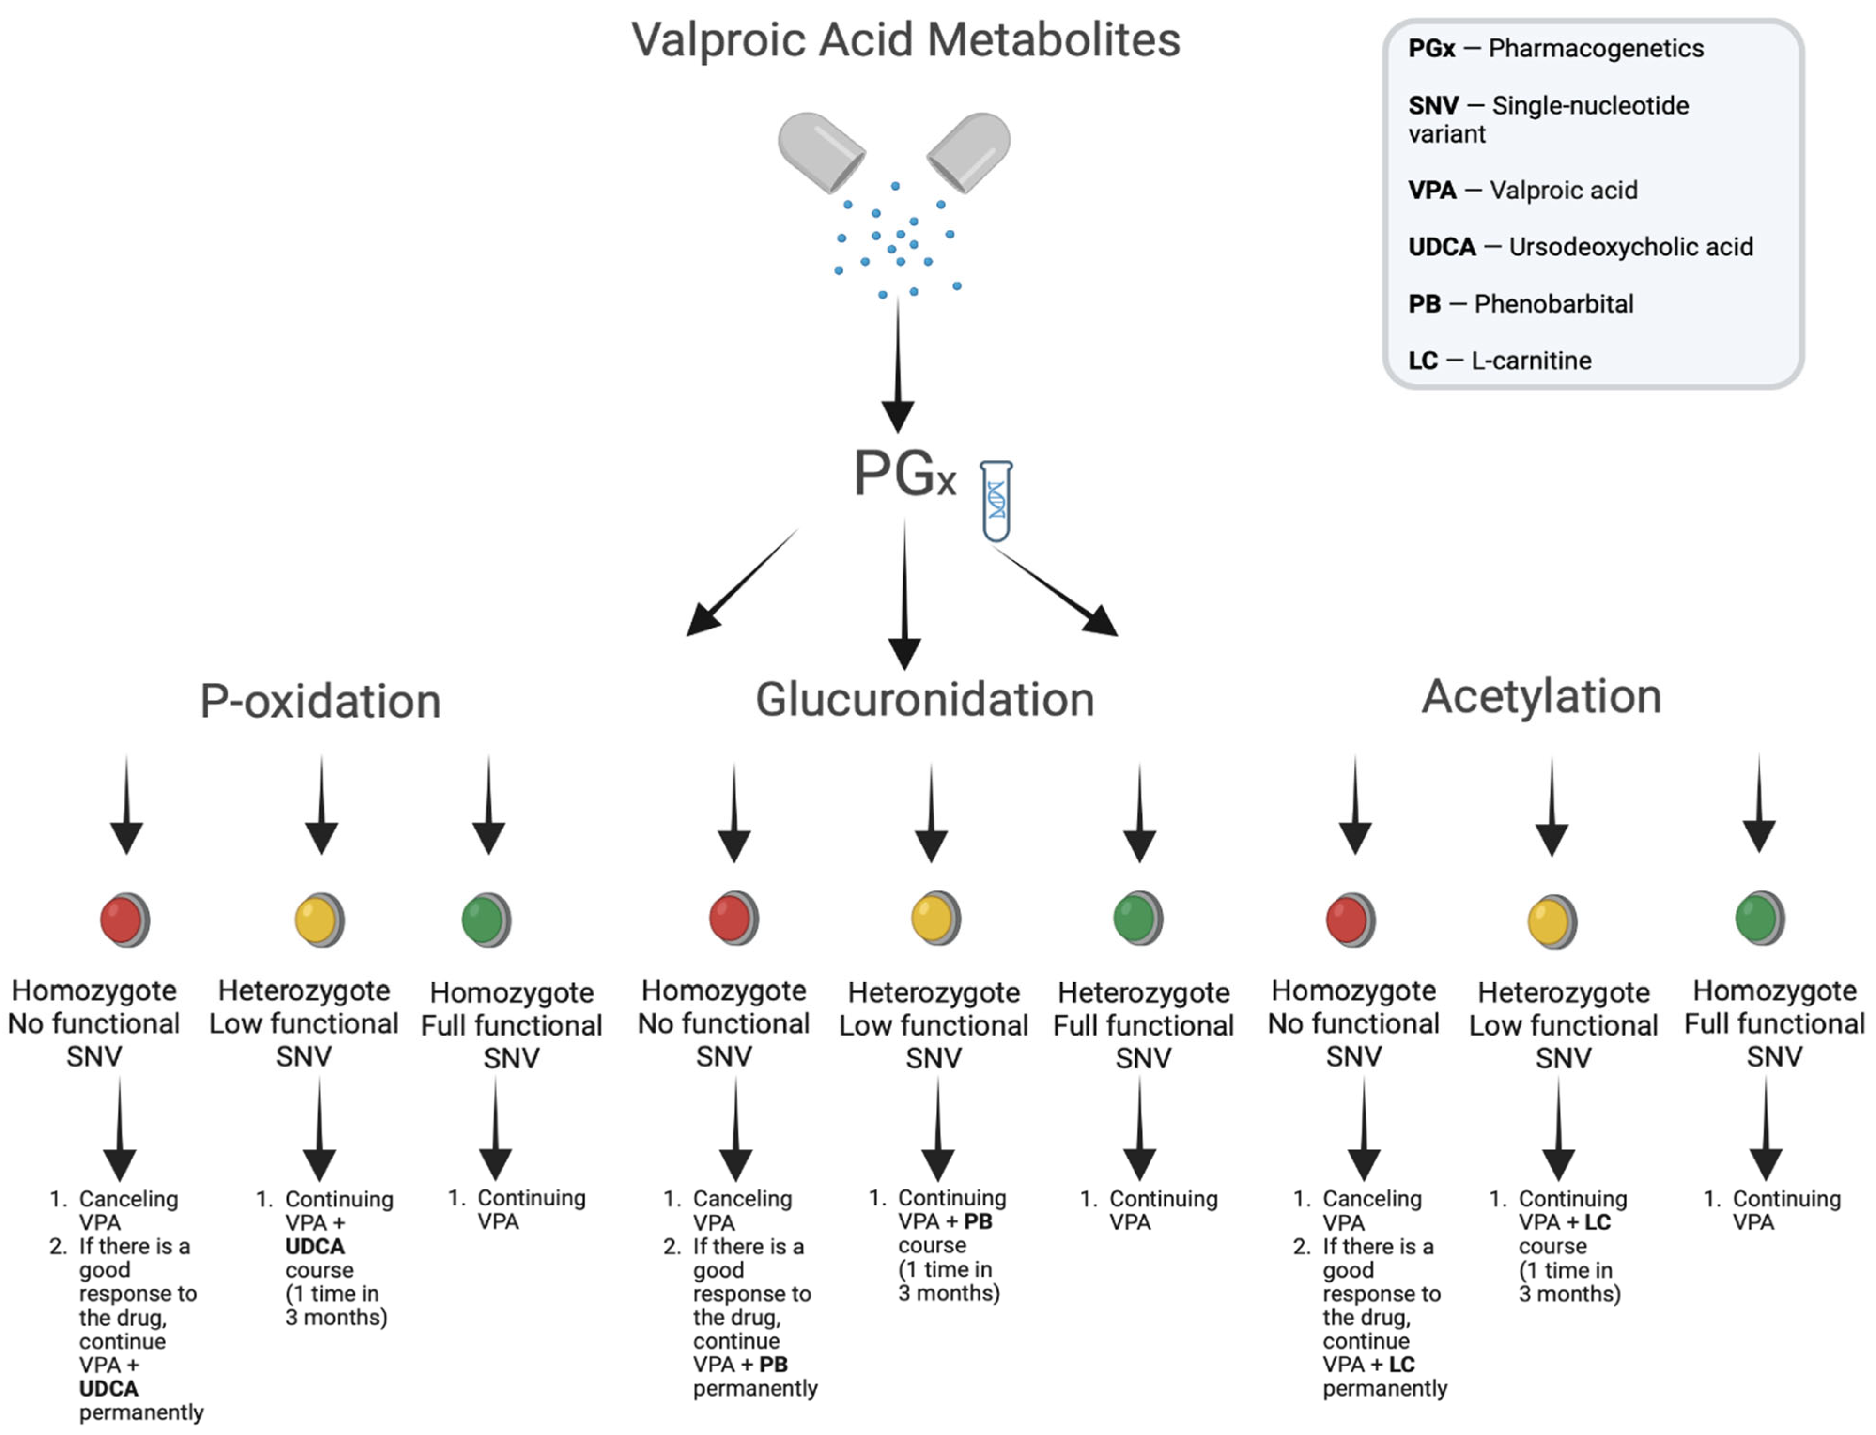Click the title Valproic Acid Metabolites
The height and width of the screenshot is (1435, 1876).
click(x=905, y=40)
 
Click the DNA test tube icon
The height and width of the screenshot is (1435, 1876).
click(x=996, y=501)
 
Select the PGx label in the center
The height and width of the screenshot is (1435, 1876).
click(x=904, y=474)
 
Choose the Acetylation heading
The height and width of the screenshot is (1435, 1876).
click(x=1541, y=696)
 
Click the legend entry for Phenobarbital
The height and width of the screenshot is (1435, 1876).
click(x=1521, y=304)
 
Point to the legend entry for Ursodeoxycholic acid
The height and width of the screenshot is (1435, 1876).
click(x=1581, y=247)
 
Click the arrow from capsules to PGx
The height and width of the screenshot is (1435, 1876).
click(x=897, y=367)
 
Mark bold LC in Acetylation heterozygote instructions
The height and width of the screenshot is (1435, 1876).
click(x=1597, y=1222)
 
